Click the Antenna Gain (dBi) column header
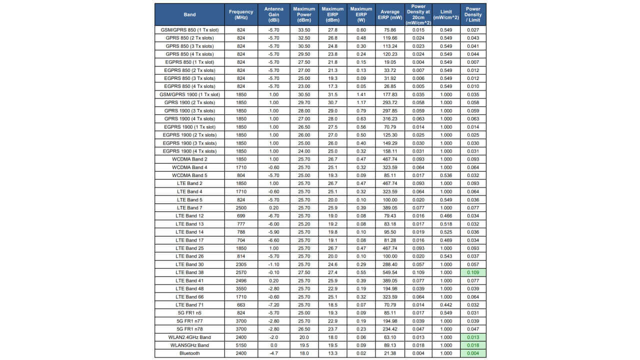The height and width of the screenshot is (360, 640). (273, 14)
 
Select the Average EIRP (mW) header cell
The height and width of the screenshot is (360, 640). (390, 14)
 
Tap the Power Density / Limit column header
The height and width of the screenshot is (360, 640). (473, 14)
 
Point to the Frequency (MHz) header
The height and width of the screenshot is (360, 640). (241, 14)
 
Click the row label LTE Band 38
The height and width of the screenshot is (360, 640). (189, 272)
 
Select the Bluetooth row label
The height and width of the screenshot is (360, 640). (189, 353)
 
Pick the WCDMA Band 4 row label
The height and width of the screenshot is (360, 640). (189, 167)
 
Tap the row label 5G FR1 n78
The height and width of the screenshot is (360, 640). (189, 329)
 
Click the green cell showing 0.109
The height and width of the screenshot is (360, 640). (473, 272)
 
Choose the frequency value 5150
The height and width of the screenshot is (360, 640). (241, 345)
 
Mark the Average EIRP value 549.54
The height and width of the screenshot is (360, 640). (390, 272)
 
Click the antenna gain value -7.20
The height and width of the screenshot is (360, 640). (273, 305)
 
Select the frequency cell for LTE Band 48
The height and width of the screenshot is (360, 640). (241, 289)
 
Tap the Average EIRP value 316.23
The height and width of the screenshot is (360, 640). (390, 119)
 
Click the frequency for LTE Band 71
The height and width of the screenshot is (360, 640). (241, 305)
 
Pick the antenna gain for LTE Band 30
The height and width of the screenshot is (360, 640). (273, 264)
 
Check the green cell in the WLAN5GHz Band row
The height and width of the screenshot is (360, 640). (473, 345)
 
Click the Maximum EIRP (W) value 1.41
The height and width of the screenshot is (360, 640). (361, 94)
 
